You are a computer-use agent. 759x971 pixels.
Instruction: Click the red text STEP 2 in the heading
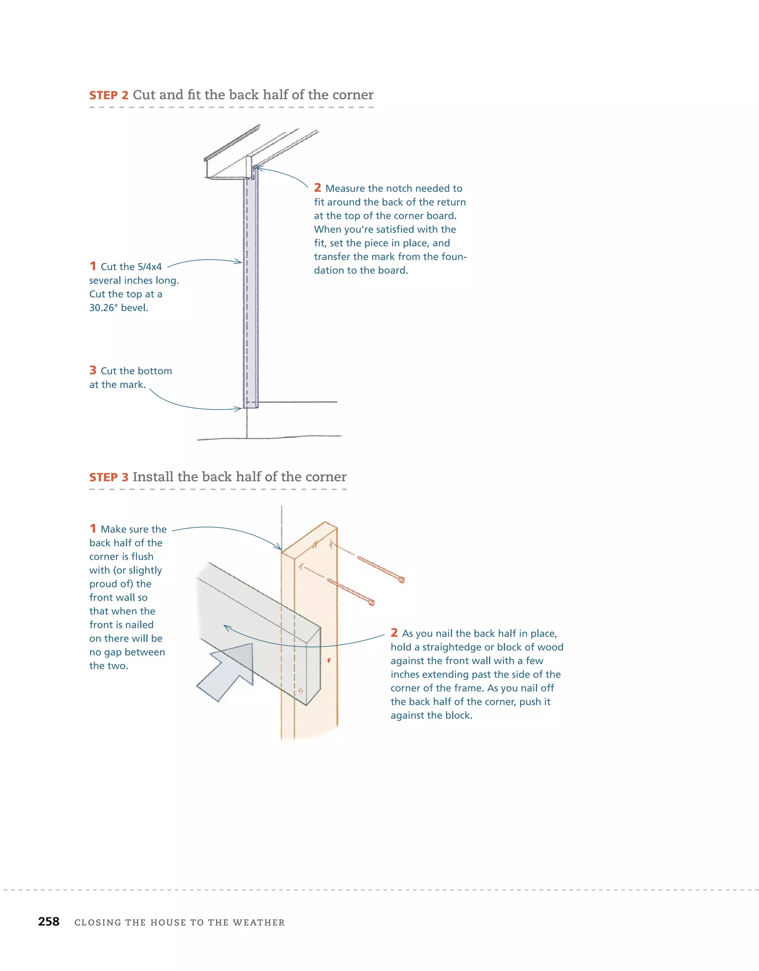[109, 96]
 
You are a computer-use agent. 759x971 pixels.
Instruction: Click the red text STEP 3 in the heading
[109, 477]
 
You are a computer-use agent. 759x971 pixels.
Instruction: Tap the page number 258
[49, 921]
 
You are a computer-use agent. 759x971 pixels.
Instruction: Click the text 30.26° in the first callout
[103, 308]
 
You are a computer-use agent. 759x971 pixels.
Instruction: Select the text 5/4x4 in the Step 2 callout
[149, 267]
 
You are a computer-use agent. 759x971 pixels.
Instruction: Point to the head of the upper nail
[401, 579]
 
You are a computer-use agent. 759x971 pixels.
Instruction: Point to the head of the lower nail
[372, 603]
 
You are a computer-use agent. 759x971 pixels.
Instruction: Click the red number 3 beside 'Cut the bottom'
[93, 370]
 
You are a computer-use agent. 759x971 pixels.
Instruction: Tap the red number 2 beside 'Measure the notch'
[318, 188]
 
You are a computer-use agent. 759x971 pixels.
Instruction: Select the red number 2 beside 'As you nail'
[394, 633]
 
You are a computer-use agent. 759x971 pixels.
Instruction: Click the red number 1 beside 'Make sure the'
[93, 528]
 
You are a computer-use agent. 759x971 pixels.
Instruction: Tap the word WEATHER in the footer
[258, 922]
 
